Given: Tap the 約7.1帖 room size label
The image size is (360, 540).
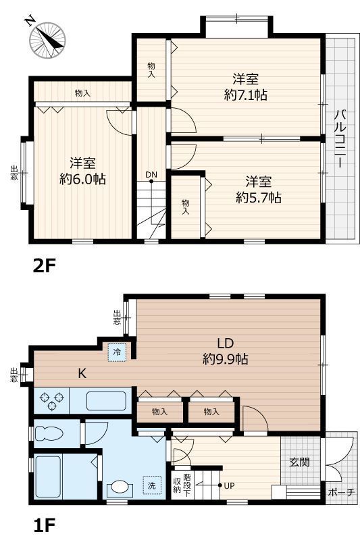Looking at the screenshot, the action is tap(245, 94).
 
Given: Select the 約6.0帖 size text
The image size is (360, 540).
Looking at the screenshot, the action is tap(82, 179).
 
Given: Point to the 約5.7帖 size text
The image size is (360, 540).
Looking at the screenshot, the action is tap(259, 197).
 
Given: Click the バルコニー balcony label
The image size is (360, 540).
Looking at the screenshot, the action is tap(340, 138).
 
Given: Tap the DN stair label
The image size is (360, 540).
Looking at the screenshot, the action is tap(151, 175).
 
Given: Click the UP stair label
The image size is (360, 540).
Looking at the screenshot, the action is tap(229, 485).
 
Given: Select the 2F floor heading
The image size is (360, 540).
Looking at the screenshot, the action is tap(44, 265).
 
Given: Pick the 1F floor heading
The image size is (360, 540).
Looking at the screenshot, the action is tap(44, 525).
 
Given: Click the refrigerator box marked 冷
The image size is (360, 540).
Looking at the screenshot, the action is tap(117, 352).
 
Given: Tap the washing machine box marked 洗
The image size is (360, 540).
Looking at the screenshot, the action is tap(152, 485).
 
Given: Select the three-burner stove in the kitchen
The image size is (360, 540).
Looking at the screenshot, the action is tap(53, 401).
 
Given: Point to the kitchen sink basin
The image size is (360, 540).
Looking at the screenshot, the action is tap(106, 401).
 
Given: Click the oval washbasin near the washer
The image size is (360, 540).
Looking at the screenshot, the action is tap(120, 488).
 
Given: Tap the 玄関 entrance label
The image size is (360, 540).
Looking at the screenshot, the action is tap(299, 462).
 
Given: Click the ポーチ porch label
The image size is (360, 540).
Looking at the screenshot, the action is tap(341, 492).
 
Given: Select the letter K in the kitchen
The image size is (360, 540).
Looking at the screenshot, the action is tap(82, 373).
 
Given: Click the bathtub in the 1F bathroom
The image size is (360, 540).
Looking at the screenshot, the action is tap(48, 477).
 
